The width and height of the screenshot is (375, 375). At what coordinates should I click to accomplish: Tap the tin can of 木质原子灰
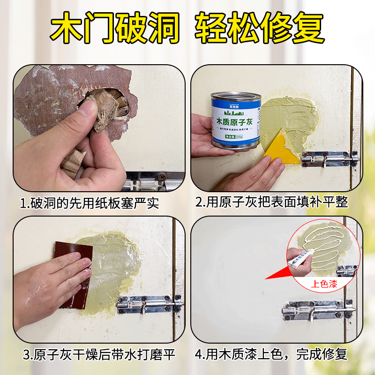(235, 120)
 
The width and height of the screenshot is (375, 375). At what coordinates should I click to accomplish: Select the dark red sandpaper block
(73, 272)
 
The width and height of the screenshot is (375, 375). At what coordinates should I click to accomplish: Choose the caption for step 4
(271, 354)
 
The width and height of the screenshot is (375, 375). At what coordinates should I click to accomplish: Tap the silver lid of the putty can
(235, 97)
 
